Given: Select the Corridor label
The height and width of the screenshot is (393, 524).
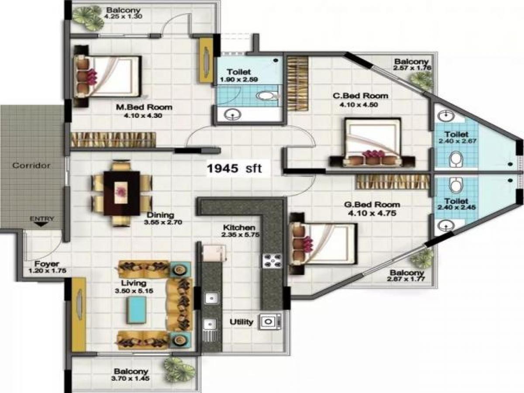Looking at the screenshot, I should [31, 165].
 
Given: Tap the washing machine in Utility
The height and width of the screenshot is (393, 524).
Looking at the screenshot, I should [268, 322].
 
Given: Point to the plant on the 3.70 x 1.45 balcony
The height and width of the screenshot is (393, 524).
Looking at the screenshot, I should [179, 369].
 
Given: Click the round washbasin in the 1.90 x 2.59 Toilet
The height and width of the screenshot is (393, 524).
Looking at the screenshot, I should [233, 115].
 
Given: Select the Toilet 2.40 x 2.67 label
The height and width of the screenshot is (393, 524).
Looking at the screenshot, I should [456, 134].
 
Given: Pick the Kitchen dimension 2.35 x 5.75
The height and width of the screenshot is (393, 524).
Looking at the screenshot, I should [239, 235].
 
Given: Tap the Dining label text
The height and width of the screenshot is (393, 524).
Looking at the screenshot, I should [160, 215].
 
